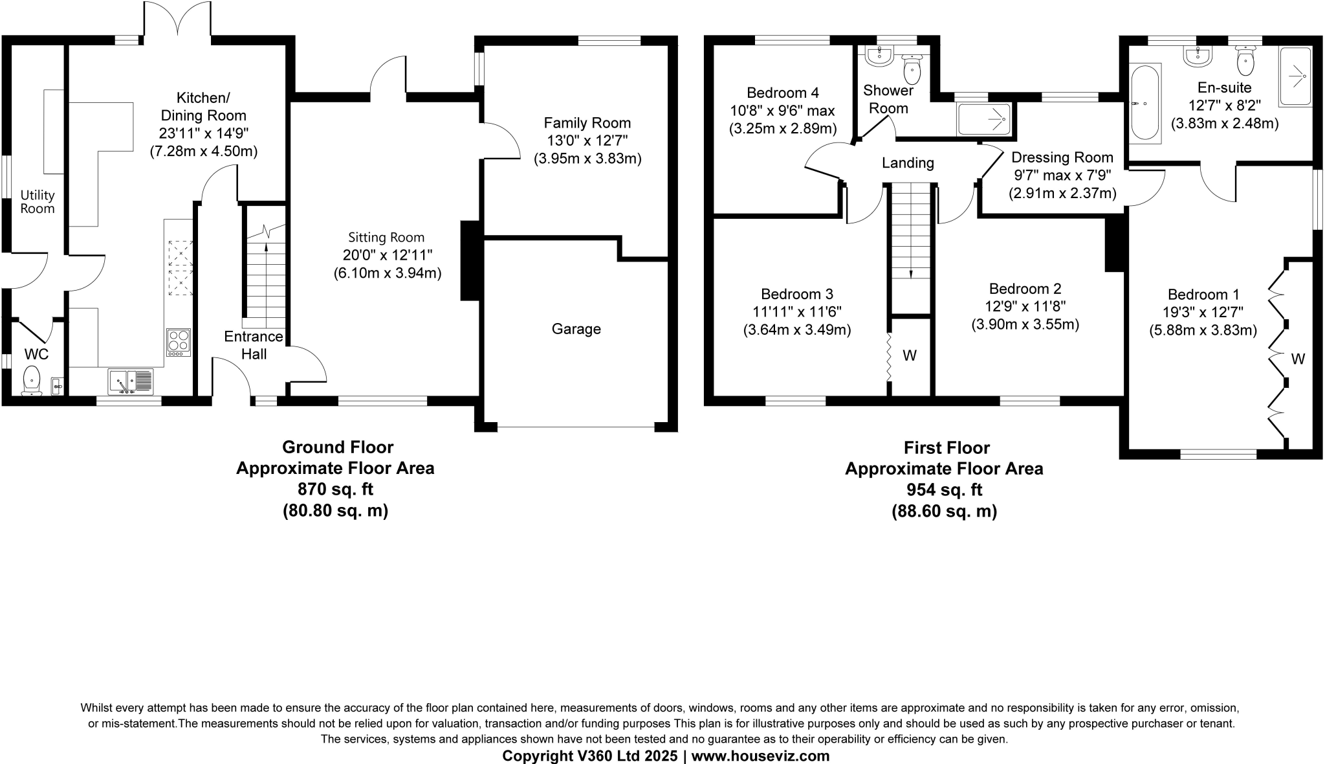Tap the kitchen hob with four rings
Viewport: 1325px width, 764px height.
(178, 343)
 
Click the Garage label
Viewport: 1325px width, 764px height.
(576, 329)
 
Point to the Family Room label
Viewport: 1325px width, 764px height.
(587, 123)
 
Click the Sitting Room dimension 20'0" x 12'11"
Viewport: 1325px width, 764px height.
(387, 255)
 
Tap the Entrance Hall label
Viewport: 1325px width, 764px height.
(254, 345)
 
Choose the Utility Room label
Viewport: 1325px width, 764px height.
(38, 201)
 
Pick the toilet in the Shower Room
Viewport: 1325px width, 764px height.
(912, 67)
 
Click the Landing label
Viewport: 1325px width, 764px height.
(908, 163)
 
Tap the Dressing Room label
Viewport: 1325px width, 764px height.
(1062, 157)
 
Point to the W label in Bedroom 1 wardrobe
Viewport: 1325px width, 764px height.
(1298, 359)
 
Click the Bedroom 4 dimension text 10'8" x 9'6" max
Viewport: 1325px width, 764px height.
(782, 111)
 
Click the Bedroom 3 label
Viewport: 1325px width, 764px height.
(796, 294)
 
